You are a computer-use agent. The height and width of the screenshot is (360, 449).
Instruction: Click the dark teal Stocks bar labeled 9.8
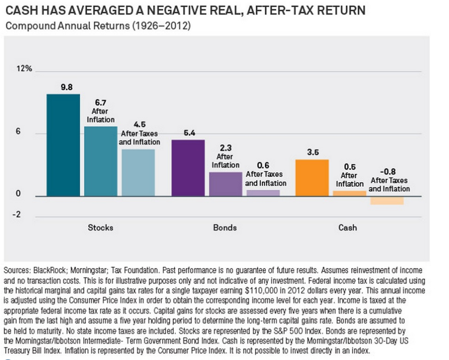[63, 145]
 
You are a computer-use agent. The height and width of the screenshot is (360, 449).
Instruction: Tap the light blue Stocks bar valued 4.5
[138, 172]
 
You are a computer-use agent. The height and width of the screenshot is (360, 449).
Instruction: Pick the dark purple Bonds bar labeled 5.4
[188, 168]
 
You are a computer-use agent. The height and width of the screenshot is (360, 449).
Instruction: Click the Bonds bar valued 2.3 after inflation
[225, 184]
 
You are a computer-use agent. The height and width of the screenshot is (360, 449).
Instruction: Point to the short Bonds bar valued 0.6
[263, 192]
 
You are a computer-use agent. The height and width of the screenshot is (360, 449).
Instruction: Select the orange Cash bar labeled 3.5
[312, 177]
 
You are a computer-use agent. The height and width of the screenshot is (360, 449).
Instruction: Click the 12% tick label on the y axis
[24, 69]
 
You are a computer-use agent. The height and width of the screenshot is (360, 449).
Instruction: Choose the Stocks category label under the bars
[101, 228]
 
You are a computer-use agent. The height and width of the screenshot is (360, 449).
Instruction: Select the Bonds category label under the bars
[225, 228]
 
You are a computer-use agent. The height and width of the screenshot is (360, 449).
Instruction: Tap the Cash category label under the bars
[348, 228]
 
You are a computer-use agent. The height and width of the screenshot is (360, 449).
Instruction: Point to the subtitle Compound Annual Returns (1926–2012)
[98, 25]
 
